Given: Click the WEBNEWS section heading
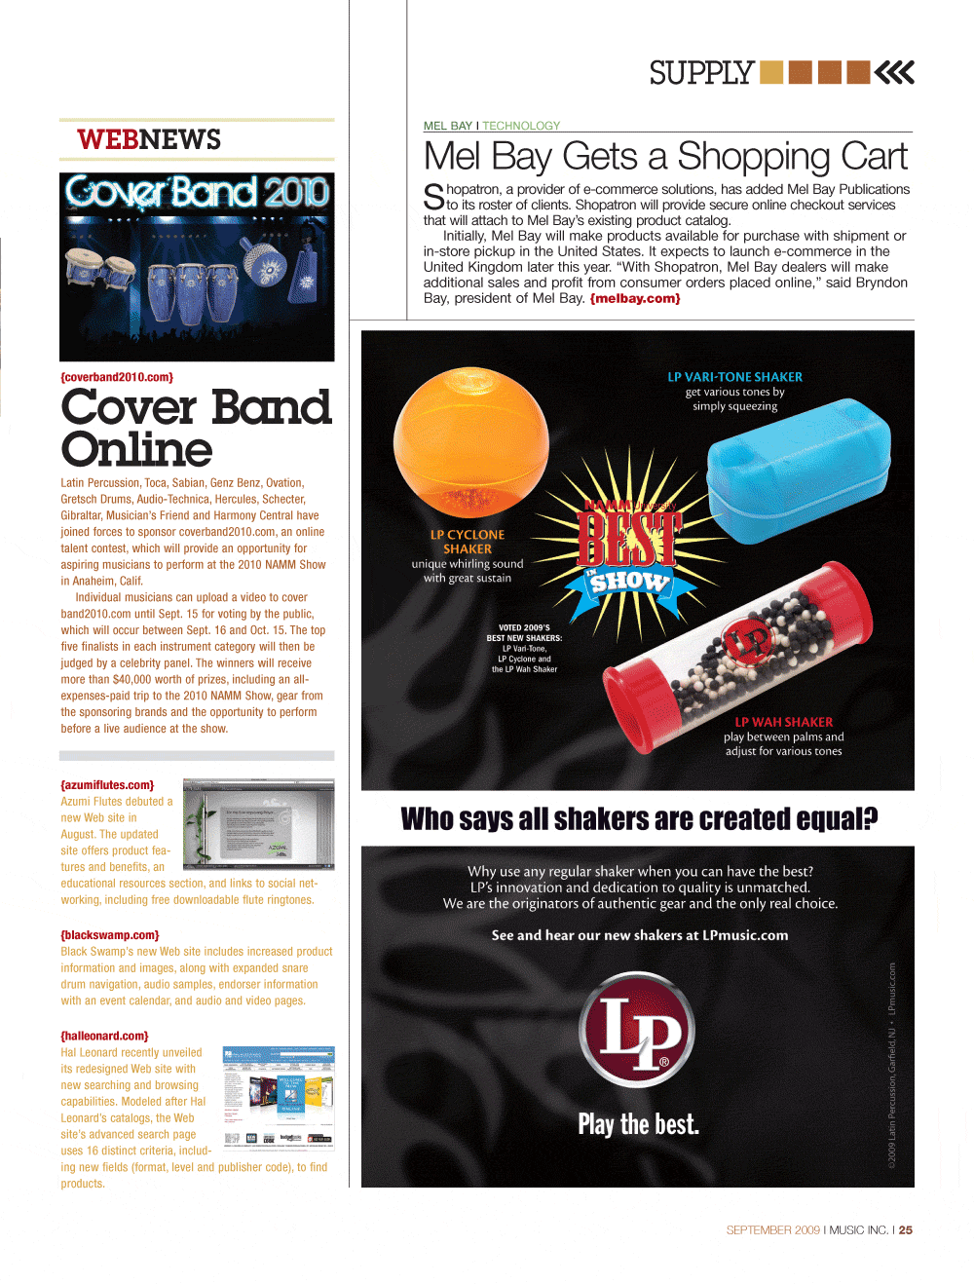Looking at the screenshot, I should [149, 140].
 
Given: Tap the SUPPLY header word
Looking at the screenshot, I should [701, 73].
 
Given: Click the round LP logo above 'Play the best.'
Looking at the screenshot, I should [637, 1030].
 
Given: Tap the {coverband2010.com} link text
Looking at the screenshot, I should [117, 377].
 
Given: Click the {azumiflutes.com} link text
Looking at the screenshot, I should [107, 785].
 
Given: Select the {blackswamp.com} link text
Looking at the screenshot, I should [110, 935].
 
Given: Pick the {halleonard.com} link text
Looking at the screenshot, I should [104, 1037].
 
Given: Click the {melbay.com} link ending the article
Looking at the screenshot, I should [635, 299].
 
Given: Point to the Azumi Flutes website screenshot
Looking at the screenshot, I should [259, 824].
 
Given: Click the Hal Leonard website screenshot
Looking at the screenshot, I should [279, 1096].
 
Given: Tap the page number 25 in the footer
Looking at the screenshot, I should [906, 1230].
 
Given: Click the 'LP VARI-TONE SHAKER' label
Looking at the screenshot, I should [735, 377].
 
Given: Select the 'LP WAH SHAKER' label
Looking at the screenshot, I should [784, 722].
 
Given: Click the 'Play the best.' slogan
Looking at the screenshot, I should [638, 1125].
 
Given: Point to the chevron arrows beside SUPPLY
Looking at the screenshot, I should [894, 73].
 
